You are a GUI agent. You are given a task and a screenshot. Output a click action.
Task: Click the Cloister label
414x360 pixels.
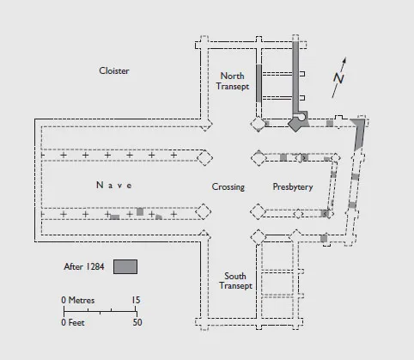(114, 70)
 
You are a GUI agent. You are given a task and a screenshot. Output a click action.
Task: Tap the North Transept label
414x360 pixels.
(233, 81)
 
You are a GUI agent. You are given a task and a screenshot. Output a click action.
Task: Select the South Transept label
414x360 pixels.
(235, 281)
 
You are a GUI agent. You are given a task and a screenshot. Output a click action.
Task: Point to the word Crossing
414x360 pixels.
(228, 186)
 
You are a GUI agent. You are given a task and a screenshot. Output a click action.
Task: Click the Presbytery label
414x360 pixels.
(293, 186)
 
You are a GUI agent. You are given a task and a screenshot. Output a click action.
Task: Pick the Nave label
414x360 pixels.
(114, 185)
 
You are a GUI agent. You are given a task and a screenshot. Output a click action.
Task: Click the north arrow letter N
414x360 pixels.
(338, 78)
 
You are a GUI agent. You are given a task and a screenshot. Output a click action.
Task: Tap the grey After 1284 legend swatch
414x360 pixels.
(125, 266)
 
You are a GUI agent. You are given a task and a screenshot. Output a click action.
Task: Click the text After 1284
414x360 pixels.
(84, 266)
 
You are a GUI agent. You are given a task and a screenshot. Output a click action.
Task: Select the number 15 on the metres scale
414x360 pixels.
(136, 300)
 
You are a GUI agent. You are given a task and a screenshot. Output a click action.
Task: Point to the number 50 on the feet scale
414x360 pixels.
(137, 322)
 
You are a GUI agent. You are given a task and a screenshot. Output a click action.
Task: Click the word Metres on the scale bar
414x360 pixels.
(82, 300)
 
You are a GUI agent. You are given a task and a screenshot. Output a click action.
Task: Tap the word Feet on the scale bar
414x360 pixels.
(76, 323)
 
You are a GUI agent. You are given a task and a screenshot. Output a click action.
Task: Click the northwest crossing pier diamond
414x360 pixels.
(205, 158)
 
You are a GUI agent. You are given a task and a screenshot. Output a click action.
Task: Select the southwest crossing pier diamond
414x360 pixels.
(204, 211)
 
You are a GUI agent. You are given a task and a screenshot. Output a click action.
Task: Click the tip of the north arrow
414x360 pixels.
(345, 58)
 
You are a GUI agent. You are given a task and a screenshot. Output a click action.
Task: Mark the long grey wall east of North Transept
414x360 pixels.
(295, 77)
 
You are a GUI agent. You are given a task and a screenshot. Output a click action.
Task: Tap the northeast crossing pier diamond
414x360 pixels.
(259, 158)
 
